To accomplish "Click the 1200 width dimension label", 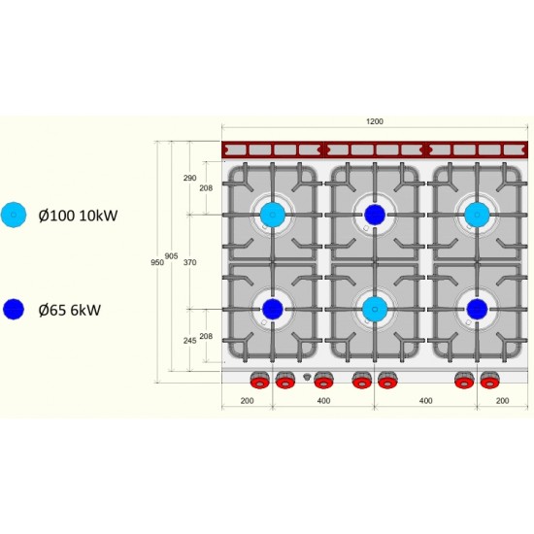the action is point(375,121).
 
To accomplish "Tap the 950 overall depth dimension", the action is point(157,262).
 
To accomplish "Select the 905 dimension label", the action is point(171,256).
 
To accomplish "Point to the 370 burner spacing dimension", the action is point(190,262).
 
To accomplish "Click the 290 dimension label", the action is point(189,178).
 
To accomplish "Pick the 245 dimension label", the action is point(189,341).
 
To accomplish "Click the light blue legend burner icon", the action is point(14,215).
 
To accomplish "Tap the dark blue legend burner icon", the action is point(14,309).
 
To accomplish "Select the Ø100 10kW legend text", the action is point(78,216).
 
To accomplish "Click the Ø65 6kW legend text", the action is point(70,310).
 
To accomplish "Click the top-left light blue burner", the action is point(273,215).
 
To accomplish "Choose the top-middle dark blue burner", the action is point(375,215).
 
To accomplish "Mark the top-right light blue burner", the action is point(477,215).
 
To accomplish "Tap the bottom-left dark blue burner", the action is point(273,309).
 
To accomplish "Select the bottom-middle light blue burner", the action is point(375,309).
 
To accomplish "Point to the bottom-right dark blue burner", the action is point(477,309).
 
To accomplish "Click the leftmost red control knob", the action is point(260,381).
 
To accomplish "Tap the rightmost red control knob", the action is point(490,381).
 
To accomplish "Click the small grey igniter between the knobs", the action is point(307,377).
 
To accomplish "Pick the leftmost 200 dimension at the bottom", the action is point(247,401).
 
